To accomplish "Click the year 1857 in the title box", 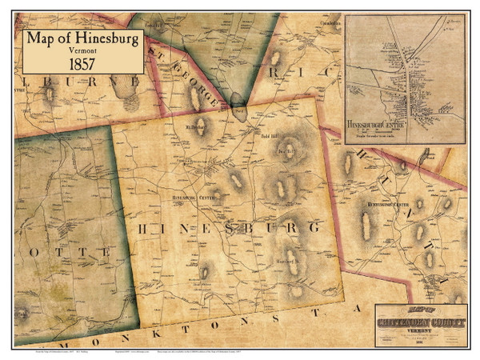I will (x=82, y=62).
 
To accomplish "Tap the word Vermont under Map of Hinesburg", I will (x=82, y=49).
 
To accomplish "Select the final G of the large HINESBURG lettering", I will (x=321, y=228).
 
